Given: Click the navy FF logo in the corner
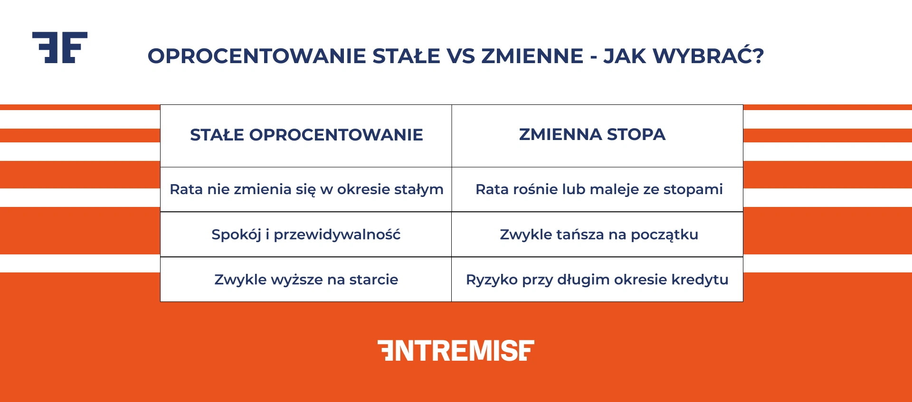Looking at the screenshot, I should [x=60, y=47].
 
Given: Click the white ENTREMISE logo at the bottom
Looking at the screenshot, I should [x=456, y=351].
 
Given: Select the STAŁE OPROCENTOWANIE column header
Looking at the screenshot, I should [x=306, y=135].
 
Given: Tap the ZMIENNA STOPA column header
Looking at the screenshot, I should [x=592, y=134].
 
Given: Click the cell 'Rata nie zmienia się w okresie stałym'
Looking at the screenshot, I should [x=306, y=189].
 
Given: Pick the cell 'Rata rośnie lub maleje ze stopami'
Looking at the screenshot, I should [x=599, y=189].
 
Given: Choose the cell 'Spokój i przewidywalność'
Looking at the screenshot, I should [x=306, y=234].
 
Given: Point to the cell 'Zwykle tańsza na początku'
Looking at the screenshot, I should [x=599, y=234].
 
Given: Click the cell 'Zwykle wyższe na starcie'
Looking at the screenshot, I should [x=306, y=280].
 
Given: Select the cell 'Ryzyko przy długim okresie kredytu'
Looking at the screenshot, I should [x=597, y=280].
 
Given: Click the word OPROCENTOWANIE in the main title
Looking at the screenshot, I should [x=257, y=56].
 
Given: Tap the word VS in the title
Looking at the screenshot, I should [x=460, y=56].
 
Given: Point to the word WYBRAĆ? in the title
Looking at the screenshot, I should [x=708, y=56].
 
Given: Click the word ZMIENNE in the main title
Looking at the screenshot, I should [x=532, y=56].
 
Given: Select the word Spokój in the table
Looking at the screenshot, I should [x=236, y=234].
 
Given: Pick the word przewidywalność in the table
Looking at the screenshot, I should [x=337, y=234].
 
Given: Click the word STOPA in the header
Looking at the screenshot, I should [x=636, y=134].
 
